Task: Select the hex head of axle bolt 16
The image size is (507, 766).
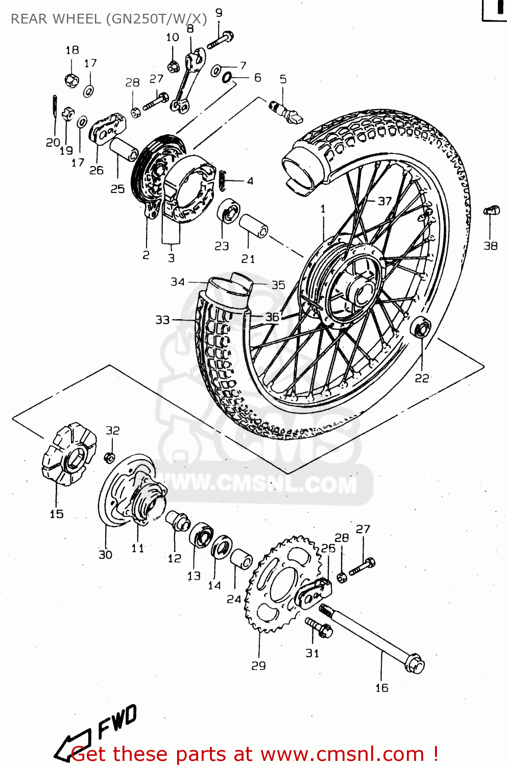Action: click(415, 664)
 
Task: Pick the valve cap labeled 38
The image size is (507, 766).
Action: click(491, 210)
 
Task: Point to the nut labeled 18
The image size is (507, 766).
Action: click(72, 80)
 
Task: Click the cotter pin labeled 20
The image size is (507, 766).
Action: click(54, 107)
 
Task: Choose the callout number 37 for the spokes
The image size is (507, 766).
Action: click(384, 201)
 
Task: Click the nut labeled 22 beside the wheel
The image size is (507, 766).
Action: click(422, 327)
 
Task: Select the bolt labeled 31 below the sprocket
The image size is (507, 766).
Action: click(319, 627)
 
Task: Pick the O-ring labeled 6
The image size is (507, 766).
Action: click(227, 77)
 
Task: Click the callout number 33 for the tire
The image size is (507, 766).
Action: click(162, 320)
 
